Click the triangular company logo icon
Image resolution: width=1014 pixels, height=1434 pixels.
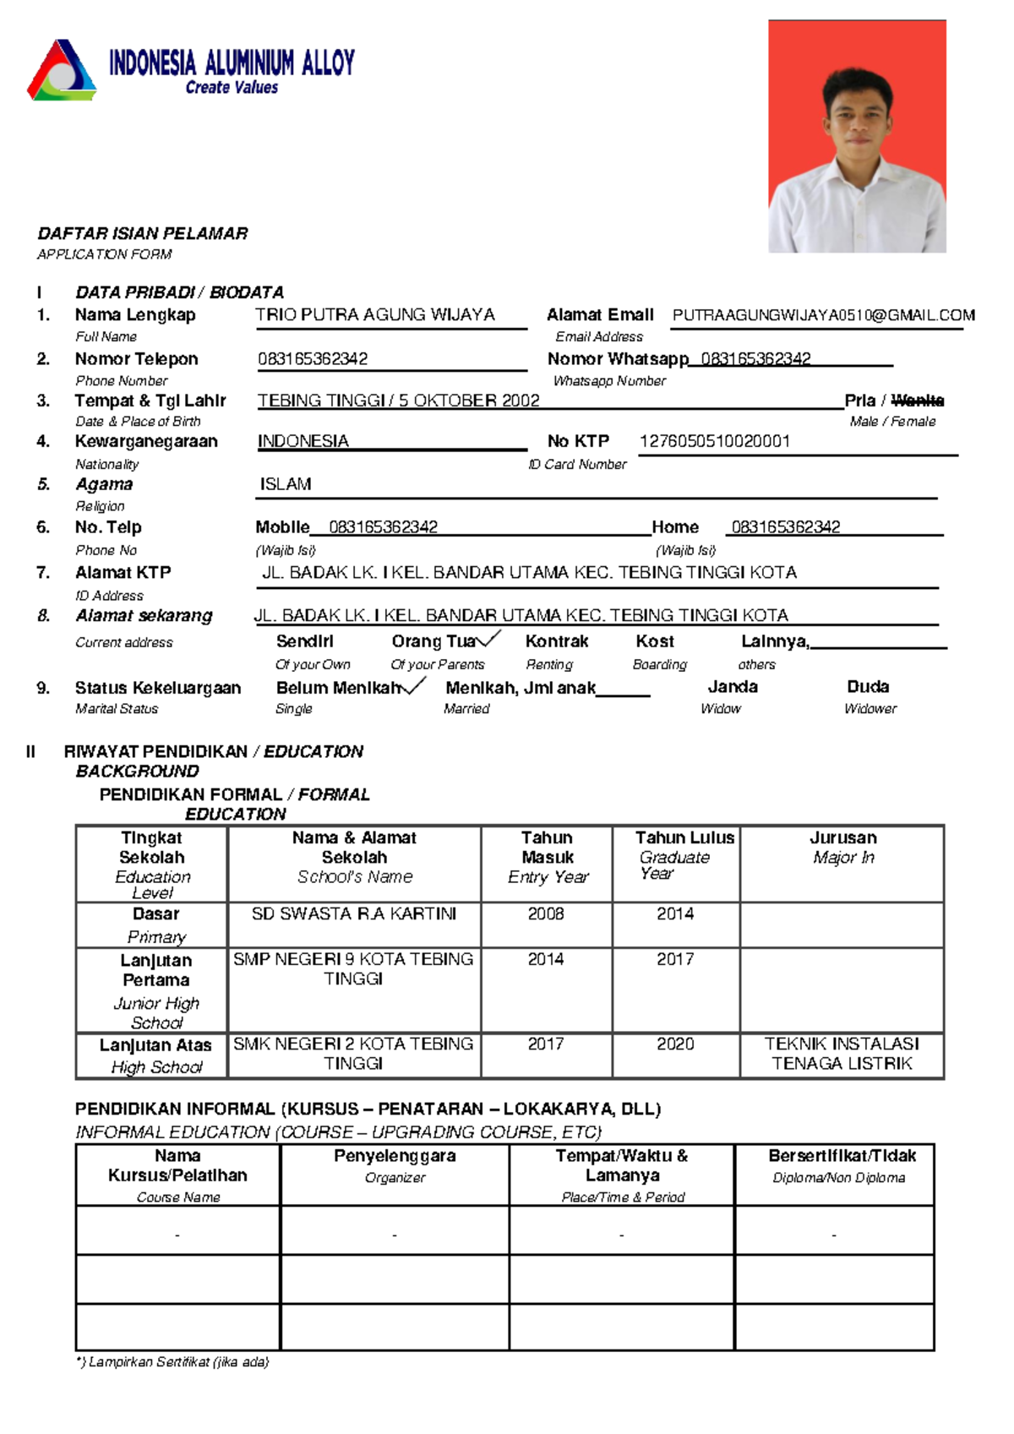pyautogui.click(x=61, y=71)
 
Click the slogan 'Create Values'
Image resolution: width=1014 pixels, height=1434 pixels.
pyautogui.click(x=232, y=88)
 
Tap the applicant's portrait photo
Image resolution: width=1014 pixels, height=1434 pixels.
pyautogui.click(x=856, y=137)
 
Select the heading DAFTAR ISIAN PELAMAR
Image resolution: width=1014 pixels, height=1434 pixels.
pyautogui.click(x=142, y=234)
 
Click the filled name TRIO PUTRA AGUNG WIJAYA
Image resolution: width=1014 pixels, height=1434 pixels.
pyautogui.click(x=375, y=315)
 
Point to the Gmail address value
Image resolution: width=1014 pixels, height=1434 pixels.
pyautogui.click(x=823, y=316)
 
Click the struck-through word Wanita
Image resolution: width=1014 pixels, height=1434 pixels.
pyautogui.click(x=917, y=401)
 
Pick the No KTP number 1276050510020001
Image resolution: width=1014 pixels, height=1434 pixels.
pyautogui.click(x=714, y=442)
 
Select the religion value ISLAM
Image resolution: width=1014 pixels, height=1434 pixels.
pyautogui.click(x=286, y=485)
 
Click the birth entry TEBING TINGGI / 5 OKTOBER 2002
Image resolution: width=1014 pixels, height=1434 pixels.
pyautogui.click(x=398, y=401)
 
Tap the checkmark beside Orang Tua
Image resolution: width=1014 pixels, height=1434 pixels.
pyautogui.click(x=489, y=640)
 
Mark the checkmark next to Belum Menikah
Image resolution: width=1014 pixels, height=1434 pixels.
pyautogui.click(x=414, y=686)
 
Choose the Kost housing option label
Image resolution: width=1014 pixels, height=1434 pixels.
pyautogui.click(x=655, y=642)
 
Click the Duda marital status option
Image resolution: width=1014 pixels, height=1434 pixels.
pyautogui.click(x=868, y=687)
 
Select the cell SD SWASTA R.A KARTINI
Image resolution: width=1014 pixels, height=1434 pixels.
pyautogui.click(x=354, y=914)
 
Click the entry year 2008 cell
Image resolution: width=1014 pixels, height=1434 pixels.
pyautogui.click(x=546, y=914)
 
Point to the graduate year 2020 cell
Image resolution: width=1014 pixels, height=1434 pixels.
pyautogui.click(x=675, y=1044)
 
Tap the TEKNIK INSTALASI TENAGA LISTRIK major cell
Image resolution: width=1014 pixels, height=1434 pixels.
pyautogui.click(x=842, y=1054)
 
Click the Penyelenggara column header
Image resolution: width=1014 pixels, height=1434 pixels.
pyautogui.click(x=395, y=1157)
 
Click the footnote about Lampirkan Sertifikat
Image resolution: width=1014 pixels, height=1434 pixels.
pyautogui.click(x=172, y=1362)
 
